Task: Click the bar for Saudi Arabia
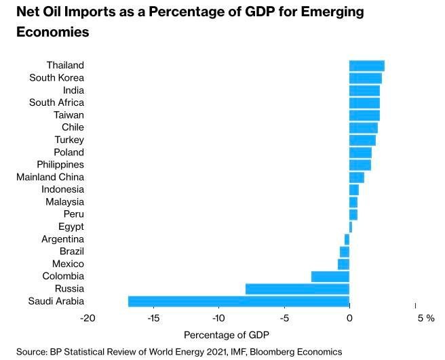pyautogui.click(x=239, y=301)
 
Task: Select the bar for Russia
pyautogui.click(x=297, y=289)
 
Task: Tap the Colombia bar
pyautogui.click(x=330, y=277)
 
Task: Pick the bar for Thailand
pyautogui.click(x=366, y=66)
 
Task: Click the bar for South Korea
pyautogui.click(x=365, y=78)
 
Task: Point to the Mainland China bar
pyautogui.click(x=356, y=177)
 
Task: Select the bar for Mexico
pyautogui.click(x=343, y=264)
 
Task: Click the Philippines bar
pyautogui.click(x=360, y=165)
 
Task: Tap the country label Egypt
pyautogui.click(x=71, y=226)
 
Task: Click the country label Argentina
pyautogui.click(x=62, y=239)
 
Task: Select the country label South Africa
pyautogui.click(x=56, y=102)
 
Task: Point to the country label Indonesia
pyautogui.click(x=62, y=189)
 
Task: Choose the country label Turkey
pyautogui.click(x=69, y=140)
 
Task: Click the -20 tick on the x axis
pyautogui.click(x=88, y=318)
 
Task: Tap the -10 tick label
pyautogui.click(x=218, y=318)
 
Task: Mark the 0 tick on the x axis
pyautogui.click(x=349, y=318)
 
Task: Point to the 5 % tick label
pyautogui.click(x=425, y=318)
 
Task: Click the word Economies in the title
pyautogui.click(x=53, y=32)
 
